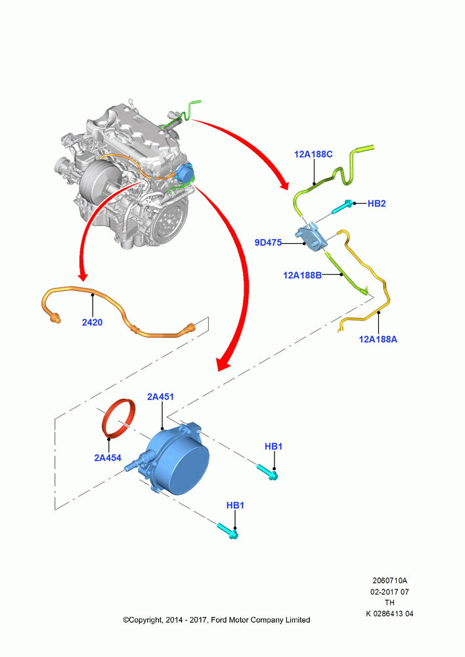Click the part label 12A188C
tap(313, 154)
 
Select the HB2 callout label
tap(376, 204)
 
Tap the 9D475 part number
tap(268, 242)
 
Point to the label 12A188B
tap(303, 275)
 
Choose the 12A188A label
tap(378, 340)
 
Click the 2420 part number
tap(92, 322)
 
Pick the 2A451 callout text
tap(160, 396)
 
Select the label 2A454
tap(108, 458)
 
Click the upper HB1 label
tap(274, 447)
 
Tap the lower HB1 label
tap(235, 506)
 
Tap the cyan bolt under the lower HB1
tap(228, 531)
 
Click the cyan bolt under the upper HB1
tap(267, 472)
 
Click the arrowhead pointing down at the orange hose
tap(83, 276)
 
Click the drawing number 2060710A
tap(389, 581)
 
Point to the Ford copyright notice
tap(217, 620)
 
